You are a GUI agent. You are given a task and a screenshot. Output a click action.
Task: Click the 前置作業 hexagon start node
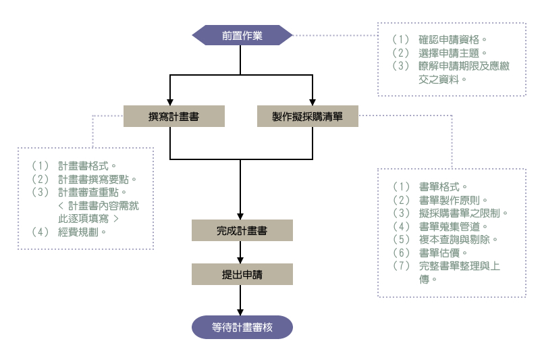242,35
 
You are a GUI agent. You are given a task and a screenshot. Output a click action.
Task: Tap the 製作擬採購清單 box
307,116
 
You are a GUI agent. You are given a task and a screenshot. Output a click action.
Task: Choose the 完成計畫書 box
242,230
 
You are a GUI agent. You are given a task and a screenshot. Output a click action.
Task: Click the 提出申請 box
242,274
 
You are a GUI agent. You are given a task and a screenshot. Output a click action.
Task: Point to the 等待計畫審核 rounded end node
242,327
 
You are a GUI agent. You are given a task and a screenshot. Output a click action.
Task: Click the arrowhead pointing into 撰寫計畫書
169,101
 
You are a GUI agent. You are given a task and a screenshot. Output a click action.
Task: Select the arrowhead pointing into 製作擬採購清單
313,101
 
